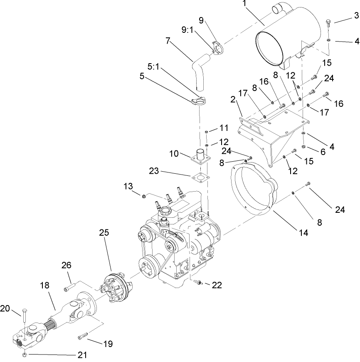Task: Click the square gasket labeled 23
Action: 200,178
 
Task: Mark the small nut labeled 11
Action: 207,132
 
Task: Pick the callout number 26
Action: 67,265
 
